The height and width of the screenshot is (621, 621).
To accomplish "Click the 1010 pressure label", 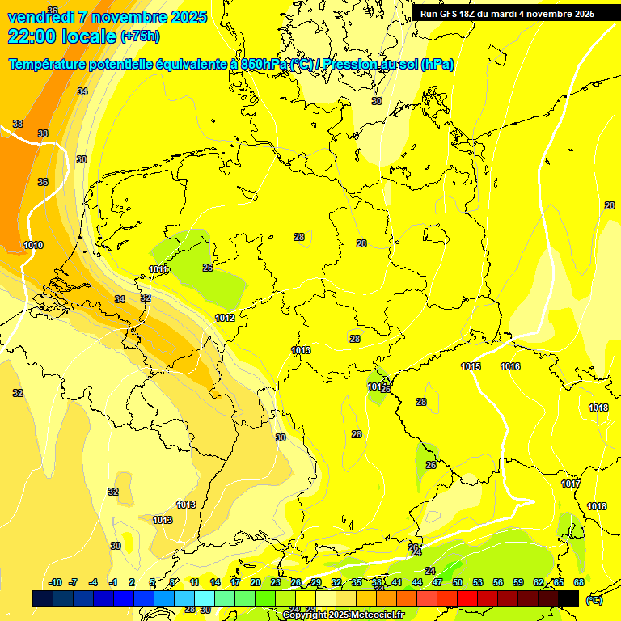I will (33, 245).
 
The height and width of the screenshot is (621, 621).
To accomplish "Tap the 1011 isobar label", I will (158, 269).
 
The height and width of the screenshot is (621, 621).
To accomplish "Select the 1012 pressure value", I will (225, 318).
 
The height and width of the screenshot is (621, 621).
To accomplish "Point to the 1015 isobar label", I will (471, 366).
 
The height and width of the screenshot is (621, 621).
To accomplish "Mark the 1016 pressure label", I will (510, 366).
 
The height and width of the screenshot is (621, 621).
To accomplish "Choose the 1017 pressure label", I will (571, 484).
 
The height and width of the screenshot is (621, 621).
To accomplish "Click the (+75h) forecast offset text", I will (139, 36).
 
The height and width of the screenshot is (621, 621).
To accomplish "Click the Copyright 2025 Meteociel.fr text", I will (343, 615).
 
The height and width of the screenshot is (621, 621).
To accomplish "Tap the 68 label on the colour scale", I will (579, 582).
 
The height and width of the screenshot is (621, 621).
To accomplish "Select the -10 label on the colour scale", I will (56, 582).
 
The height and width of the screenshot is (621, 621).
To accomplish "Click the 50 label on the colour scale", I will (458, 582).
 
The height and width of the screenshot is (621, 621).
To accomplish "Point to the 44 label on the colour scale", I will (417, 582).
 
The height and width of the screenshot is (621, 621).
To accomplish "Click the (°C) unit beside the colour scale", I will (594, 599).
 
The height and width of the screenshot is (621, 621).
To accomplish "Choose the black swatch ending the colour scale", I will (568, 598).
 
